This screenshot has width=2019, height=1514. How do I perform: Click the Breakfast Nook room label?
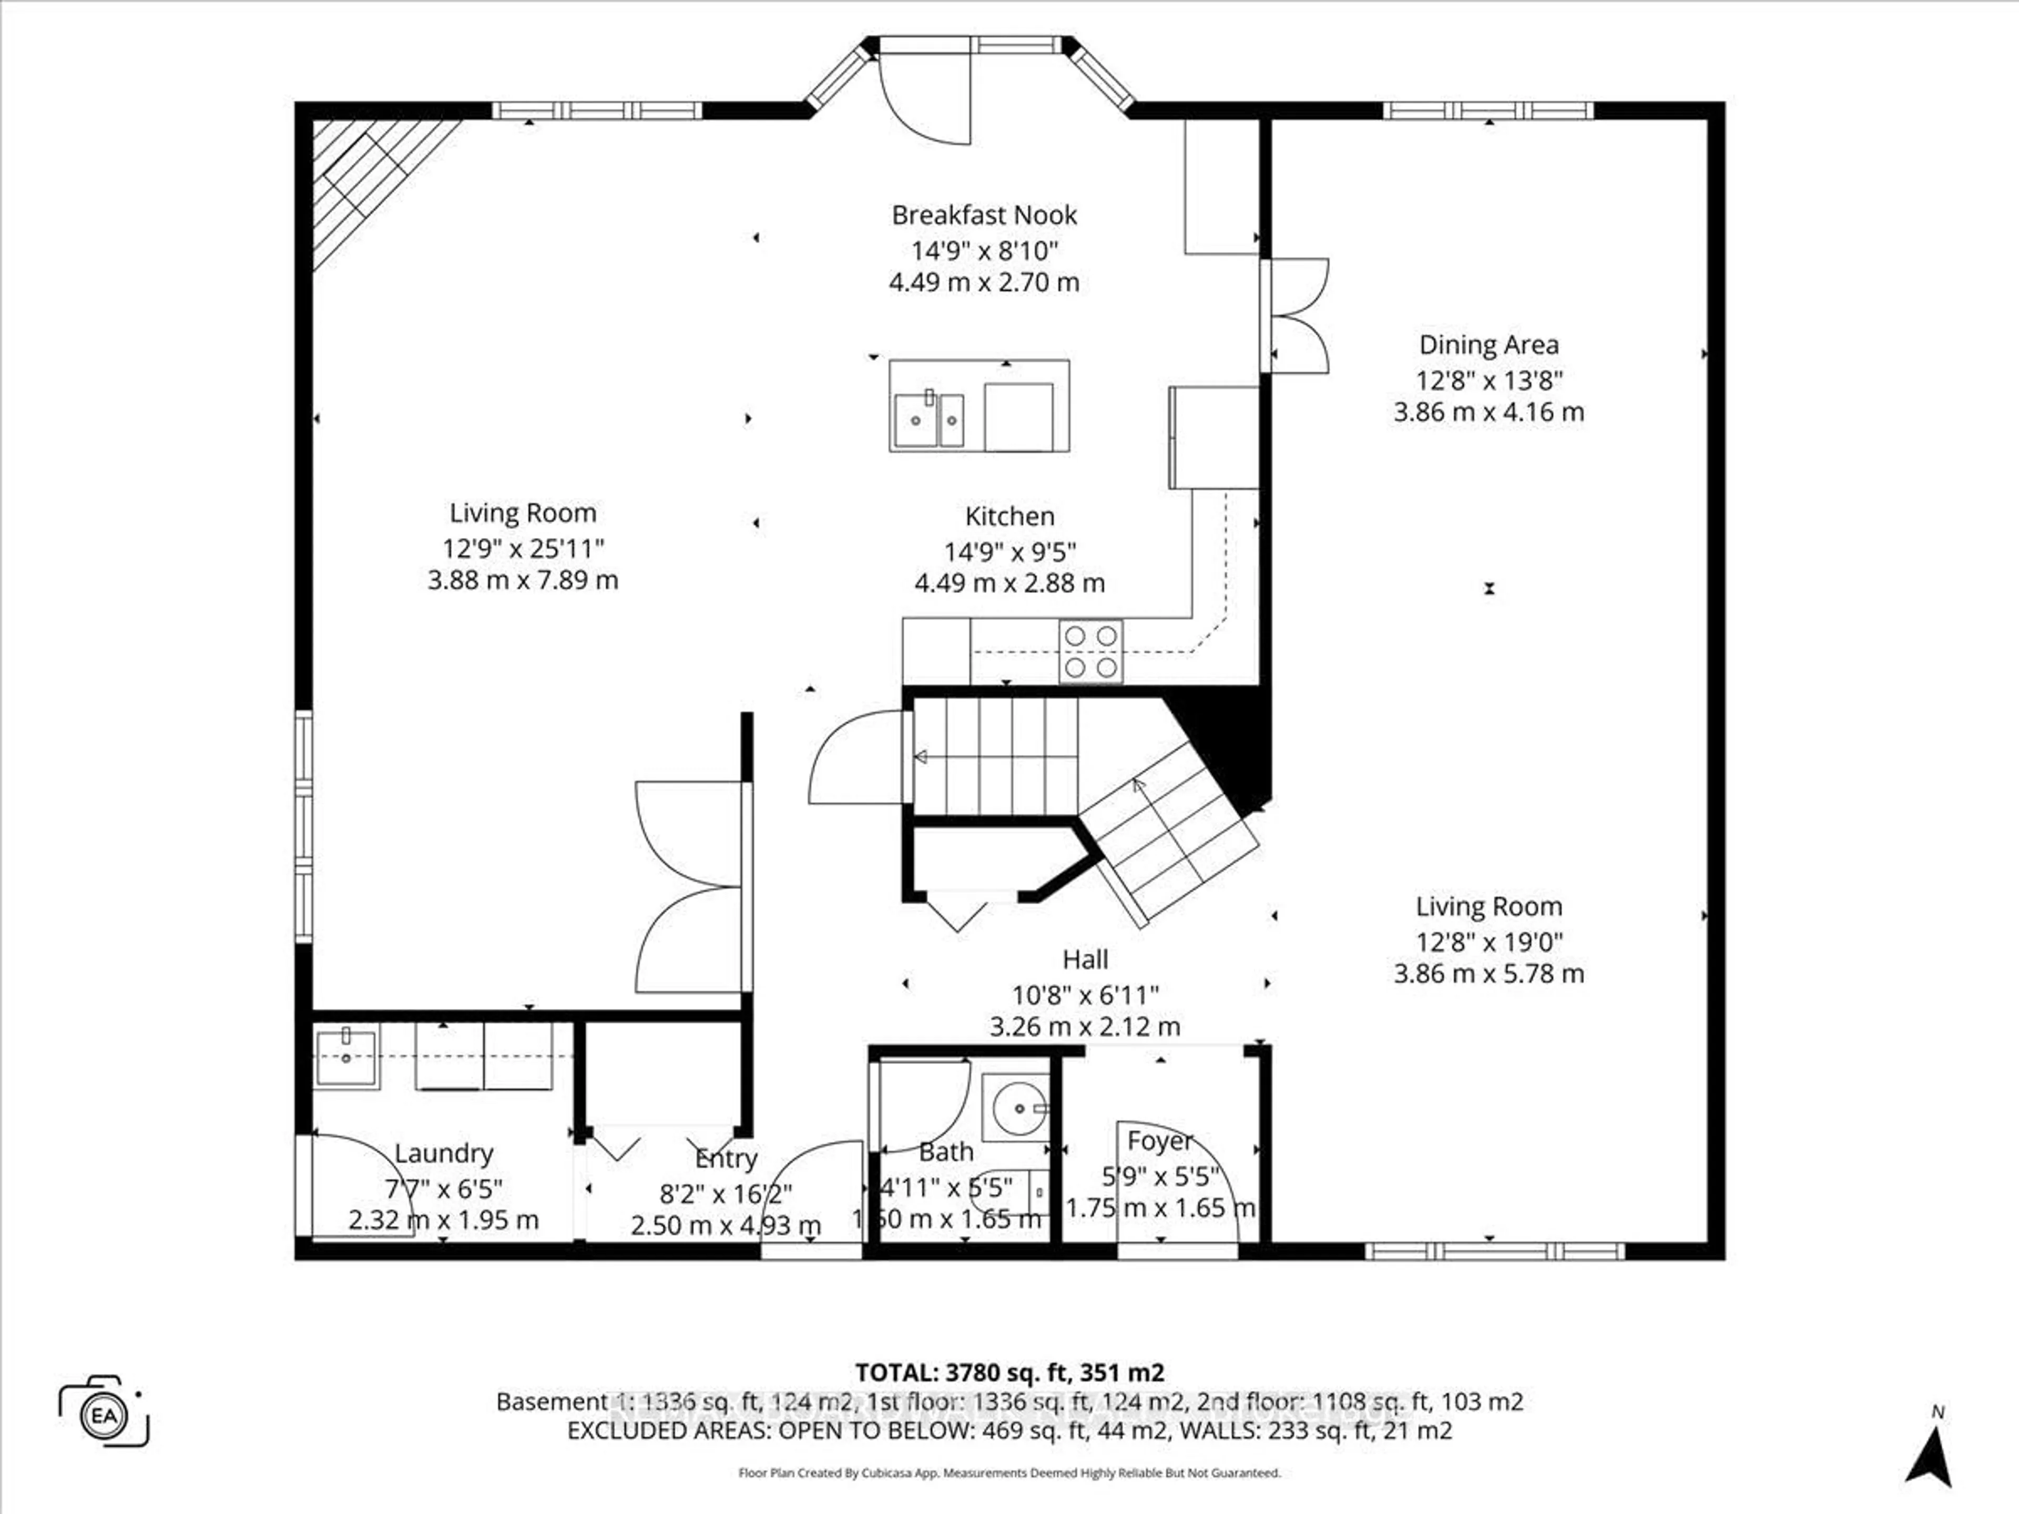pyautogui.click(x=984, y=216)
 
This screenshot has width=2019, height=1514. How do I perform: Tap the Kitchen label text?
pyautogui.click(x=1009, y=517)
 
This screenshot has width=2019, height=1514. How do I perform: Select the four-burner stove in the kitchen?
pyautogui.click(x=1091, y=651)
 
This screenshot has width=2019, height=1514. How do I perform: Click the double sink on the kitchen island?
pyautogui.click(x=928, y=420)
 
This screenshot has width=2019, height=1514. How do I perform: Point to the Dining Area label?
pyautogui.click(x=1488, y=345)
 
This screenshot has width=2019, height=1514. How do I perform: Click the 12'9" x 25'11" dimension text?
pyautogui.click(x=523, y=548)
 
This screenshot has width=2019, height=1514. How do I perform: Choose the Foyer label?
pyautogui.click(x=1159, y=1141)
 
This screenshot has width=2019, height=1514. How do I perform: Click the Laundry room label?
pyautogui.click(x=444, y=1153)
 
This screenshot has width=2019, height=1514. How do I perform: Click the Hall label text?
pyautogui.click(x=1085, y=959)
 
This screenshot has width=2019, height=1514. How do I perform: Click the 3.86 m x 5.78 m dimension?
pyautogui.click(x=1488, y=974)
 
